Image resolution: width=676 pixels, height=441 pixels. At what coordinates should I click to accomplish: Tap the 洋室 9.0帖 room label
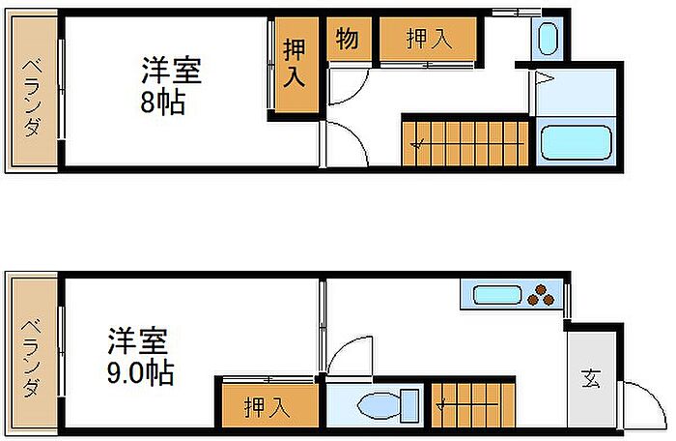click(140, 357)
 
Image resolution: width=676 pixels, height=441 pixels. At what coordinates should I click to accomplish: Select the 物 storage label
click(347, 39)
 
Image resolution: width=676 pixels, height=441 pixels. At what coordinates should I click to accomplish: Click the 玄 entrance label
click(591, 379)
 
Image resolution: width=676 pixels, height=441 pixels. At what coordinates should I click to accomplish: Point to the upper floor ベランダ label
click(32, 98)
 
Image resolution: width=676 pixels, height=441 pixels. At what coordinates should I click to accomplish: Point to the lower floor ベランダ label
click(32, 358)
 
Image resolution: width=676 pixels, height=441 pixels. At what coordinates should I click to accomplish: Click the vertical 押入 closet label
click(295, 63)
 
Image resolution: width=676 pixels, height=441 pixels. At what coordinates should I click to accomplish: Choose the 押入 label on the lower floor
click(267, 407)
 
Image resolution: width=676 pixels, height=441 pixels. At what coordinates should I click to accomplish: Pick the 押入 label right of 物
click(429, 39)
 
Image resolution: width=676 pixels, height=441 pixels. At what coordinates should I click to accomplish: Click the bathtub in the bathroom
click(576, 142)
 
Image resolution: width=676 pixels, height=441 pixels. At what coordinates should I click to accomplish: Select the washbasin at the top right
click(548, 39)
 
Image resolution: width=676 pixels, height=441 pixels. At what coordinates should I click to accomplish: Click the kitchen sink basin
click(497, 295)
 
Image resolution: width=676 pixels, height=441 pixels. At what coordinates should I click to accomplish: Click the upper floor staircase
click(465, 143)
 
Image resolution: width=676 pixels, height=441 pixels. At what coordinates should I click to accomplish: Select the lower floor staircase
click(473, 405)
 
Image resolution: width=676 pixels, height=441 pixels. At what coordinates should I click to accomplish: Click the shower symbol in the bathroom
click(544, 78)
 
